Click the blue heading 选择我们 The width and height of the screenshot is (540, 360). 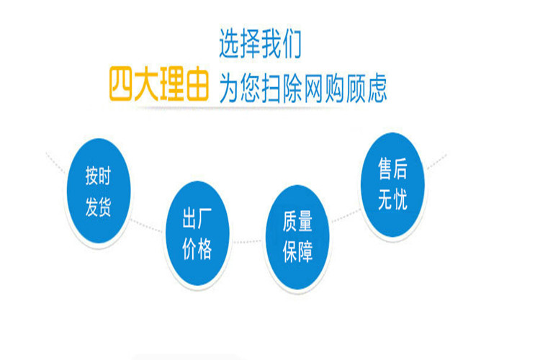click(260, 44)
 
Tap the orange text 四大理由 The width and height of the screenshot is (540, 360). click(159, 84)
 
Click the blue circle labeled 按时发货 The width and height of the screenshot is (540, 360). click(99, 191)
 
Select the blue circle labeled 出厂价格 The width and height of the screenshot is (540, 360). click(197, 233)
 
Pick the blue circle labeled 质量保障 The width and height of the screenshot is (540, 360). click(297, 237)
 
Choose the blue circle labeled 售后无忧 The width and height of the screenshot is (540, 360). click(392, 184)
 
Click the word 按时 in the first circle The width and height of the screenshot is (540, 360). click(98, 176)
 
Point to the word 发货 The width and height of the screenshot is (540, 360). click(98, 207)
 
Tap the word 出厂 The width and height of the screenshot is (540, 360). click(197, 218)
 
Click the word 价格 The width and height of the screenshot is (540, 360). click(197, 248)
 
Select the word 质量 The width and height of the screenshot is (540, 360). click(297, 221)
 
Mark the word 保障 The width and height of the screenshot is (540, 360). click(297, 252)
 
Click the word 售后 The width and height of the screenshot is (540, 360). click(392, 168)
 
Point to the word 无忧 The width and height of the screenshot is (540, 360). click(392, 199)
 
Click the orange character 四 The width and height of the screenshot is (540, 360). click(120, 84)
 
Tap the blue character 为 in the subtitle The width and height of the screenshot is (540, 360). click(229, 88)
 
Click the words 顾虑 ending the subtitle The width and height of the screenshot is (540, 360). click(366, 88)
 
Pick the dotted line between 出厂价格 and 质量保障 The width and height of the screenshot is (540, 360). click(247, 242)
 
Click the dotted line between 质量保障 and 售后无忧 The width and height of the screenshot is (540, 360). click(346, 215)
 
